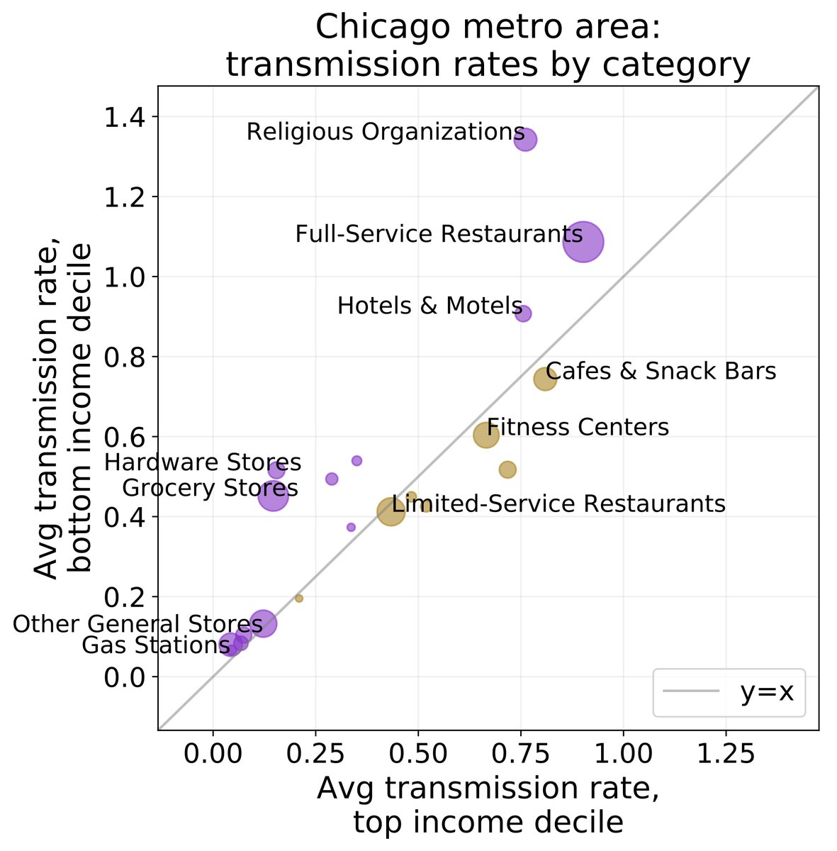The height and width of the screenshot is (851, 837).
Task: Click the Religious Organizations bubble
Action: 524,140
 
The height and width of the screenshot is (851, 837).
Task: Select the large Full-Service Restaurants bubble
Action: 583,242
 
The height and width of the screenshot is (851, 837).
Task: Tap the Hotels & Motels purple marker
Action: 523,313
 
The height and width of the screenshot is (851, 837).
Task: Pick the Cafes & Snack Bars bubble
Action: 544,379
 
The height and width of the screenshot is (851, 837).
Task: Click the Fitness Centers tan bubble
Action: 485,435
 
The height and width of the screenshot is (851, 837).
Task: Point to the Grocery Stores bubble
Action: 273,496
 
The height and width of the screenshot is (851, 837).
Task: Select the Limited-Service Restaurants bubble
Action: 391,511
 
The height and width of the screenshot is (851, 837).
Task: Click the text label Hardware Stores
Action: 203,463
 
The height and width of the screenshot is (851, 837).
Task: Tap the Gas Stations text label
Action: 156,645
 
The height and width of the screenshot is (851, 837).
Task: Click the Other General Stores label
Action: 137,624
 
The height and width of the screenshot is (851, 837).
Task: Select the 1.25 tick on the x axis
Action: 726,753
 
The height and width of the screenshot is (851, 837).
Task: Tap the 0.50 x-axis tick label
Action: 418,753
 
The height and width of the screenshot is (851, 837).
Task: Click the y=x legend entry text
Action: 768,691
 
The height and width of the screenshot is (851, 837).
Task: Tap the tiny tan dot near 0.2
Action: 299,599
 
